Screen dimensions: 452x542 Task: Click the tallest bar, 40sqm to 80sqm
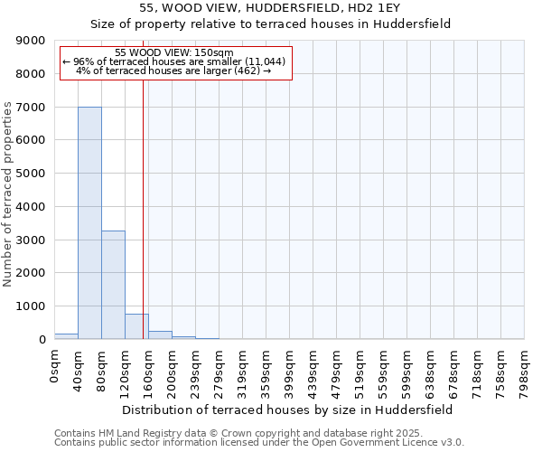coord(89,222)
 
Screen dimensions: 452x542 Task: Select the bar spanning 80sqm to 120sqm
coord(113,285)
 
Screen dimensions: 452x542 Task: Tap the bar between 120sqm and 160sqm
coord(136,326)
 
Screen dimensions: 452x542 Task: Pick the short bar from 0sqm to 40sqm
coord(66,336)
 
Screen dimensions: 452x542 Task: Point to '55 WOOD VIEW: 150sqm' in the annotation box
coord(175,52)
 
